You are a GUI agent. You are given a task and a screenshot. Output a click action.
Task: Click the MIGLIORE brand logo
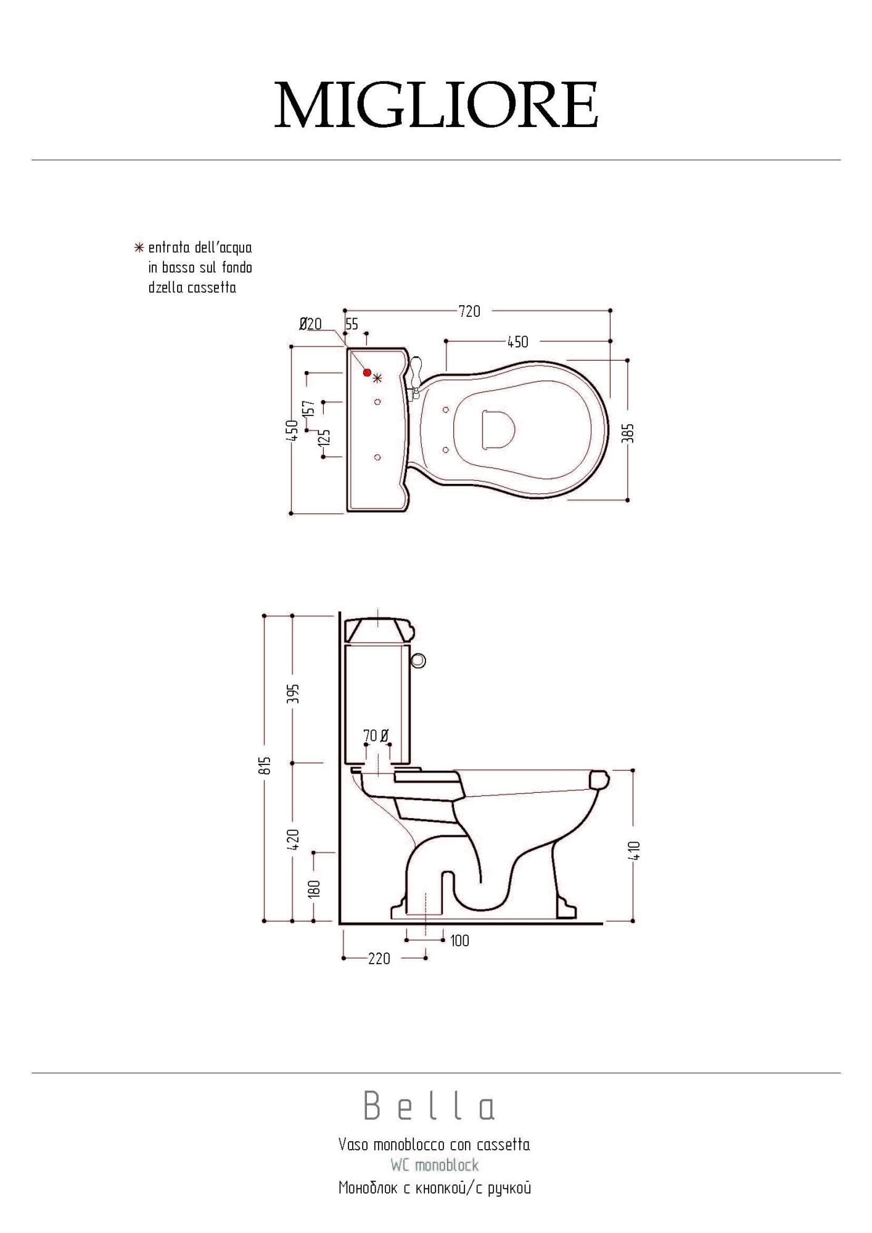436,105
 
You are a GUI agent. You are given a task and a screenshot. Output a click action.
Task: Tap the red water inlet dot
368,372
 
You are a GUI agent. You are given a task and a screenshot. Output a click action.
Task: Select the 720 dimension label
469,311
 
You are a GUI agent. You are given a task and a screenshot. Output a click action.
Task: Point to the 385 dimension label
627,433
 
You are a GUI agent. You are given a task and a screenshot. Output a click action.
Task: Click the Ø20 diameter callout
310,324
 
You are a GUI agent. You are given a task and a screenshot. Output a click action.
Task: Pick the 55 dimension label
352,324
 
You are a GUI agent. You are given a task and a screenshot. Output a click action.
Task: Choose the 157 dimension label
310,409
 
